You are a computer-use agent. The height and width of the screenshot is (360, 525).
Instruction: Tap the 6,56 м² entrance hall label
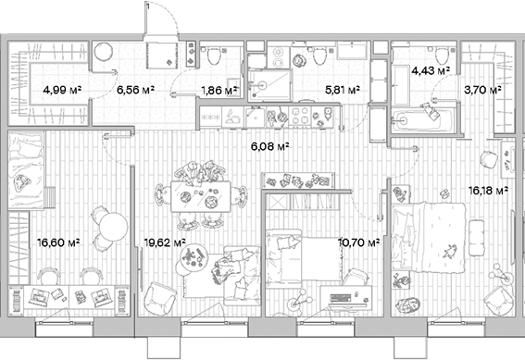pyautogui.click(x=135, y=91)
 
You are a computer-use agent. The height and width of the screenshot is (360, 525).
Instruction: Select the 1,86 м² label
pyautogui.click(x=219, y=91)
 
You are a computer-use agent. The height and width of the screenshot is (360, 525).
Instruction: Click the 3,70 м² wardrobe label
pyautogui.click(x=482, y=91)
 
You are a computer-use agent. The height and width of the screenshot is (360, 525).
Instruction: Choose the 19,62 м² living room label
pyautogui.click(x=166, y=243)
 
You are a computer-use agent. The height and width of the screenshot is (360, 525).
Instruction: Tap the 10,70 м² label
pyautogui.click(x=359, y=243)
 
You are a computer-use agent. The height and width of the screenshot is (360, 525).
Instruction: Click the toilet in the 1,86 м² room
pyautogui.click(x=215, y=56)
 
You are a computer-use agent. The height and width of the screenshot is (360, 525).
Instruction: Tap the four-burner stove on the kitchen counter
pyautogui.click(x=301, y=117)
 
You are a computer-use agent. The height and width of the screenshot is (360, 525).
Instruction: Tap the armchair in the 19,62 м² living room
pyautogui.click(x=163, y=298)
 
